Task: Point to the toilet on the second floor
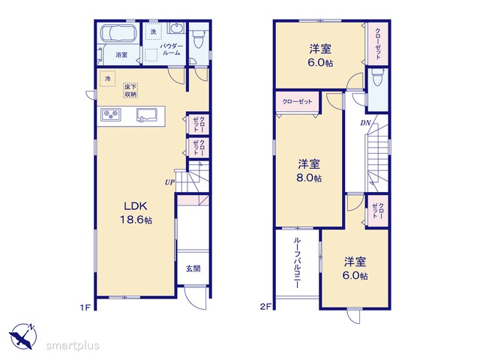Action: point(376,77)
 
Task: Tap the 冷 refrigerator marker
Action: point(107,79)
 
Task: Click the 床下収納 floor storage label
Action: point(130,91)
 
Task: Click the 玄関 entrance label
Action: point(193,268)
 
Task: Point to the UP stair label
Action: point(169,182)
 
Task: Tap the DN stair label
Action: point(365,123)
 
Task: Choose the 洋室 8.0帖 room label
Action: point(309,171)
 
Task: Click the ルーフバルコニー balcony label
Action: point(297,262)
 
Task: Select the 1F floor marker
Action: point(85,307)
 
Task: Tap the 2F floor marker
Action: point(265,306)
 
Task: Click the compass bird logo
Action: point(22,337)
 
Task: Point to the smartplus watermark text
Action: point(73,346)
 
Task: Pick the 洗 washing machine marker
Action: point(153,31)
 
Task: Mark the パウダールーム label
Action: point(172,49)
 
